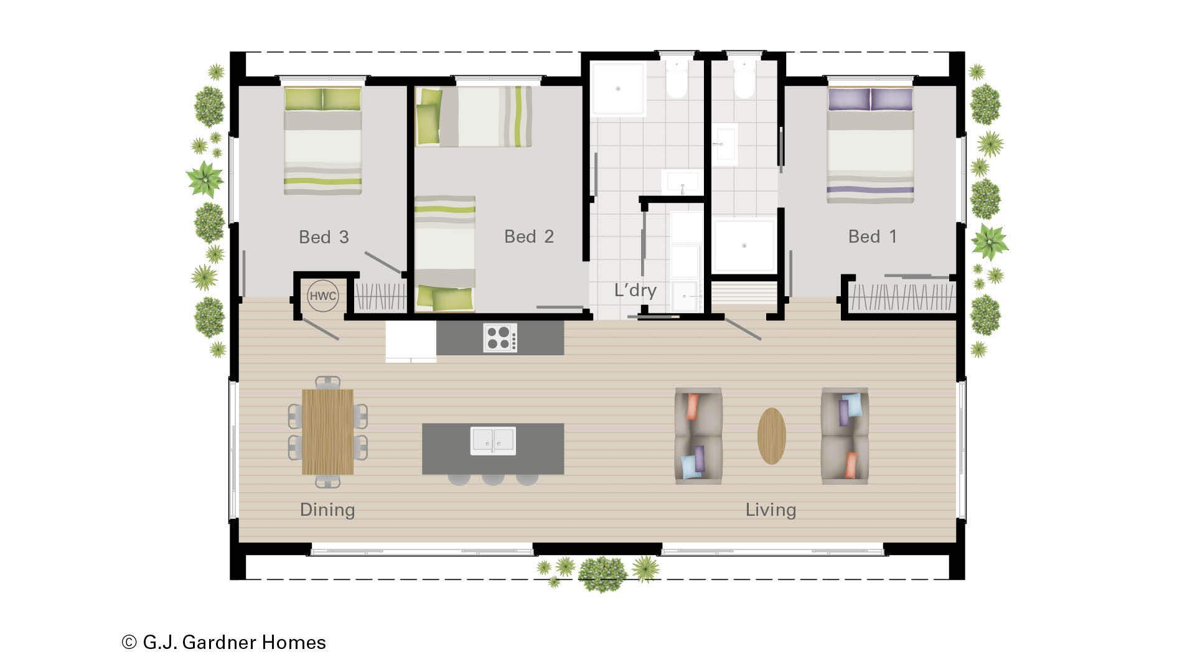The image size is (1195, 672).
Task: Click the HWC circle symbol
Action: (322, 296)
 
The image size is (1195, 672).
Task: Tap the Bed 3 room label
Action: (324, 237)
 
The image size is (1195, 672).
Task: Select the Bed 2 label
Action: (528, 236)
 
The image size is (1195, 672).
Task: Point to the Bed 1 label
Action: (872, 236)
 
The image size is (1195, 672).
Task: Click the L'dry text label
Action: (635, 291)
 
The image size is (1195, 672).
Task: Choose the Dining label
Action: (327, 510)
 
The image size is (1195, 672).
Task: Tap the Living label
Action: (771, 510)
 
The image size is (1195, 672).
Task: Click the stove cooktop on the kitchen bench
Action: (500, 338)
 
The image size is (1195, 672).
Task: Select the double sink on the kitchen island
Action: (493, 441)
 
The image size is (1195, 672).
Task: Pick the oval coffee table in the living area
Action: (771, 436)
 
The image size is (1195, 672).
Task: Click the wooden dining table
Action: (327, 432)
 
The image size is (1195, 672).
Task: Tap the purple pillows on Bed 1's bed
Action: (870, 100)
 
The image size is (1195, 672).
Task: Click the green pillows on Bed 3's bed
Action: (322, 99)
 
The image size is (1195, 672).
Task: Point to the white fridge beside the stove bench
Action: (411, 341)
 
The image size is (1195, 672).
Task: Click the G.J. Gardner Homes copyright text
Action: (224, 642)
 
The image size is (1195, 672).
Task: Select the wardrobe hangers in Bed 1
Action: (901, 297)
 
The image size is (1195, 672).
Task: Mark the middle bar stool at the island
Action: (493, 479)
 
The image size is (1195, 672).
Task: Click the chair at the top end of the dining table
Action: (327, 381)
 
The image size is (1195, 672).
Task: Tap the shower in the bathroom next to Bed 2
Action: (617, 89)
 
